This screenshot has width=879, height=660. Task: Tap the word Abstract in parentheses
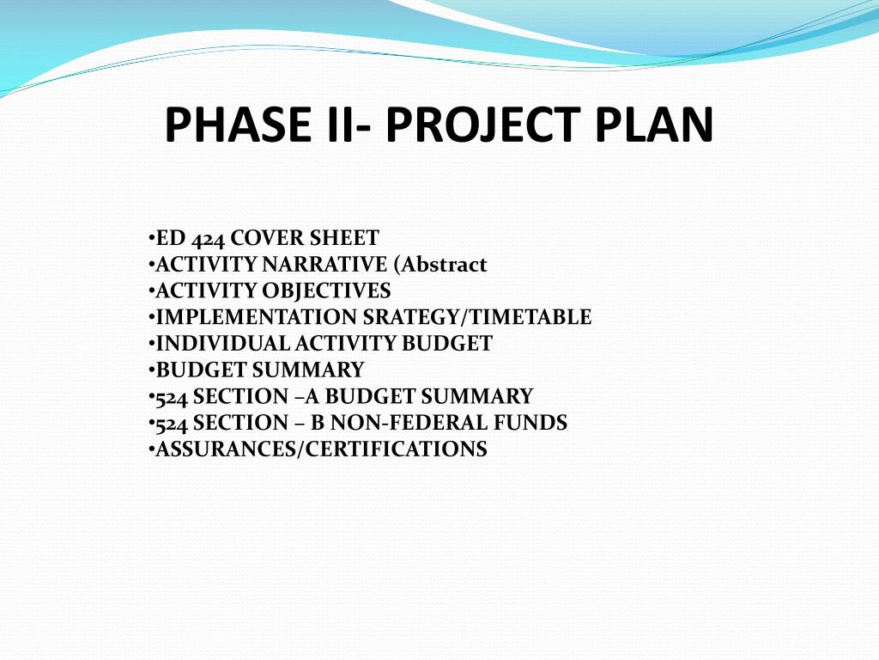447,265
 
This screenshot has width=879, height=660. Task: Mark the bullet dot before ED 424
151,239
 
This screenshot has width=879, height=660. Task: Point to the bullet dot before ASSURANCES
151,450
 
